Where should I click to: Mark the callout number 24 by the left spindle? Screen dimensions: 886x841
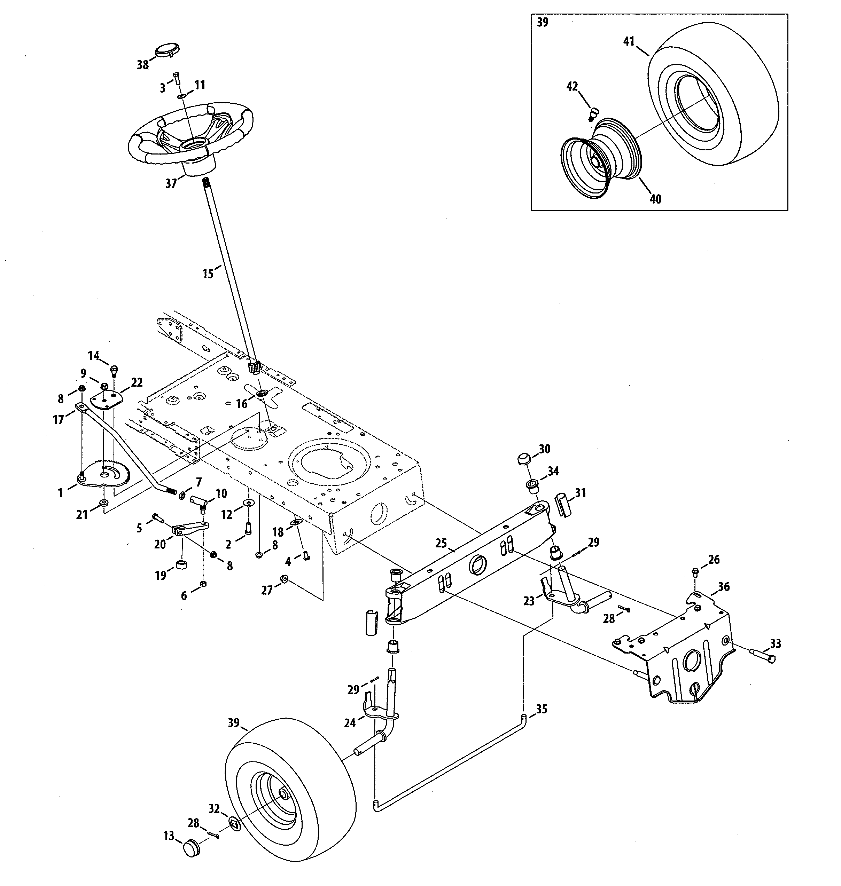point(350,722)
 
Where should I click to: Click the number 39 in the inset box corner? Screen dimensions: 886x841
point(543,22)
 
